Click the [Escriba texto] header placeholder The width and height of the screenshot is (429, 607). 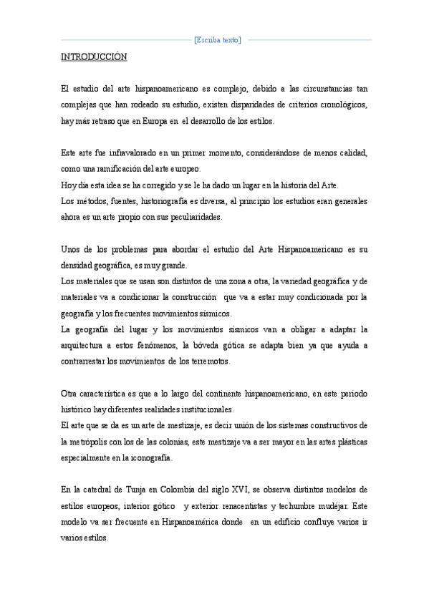(218, 40)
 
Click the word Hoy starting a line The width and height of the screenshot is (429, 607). (68, 185)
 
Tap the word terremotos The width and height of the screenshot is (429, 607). (209, 361)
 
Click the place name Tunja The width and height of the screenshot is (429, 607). (129, 490)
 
